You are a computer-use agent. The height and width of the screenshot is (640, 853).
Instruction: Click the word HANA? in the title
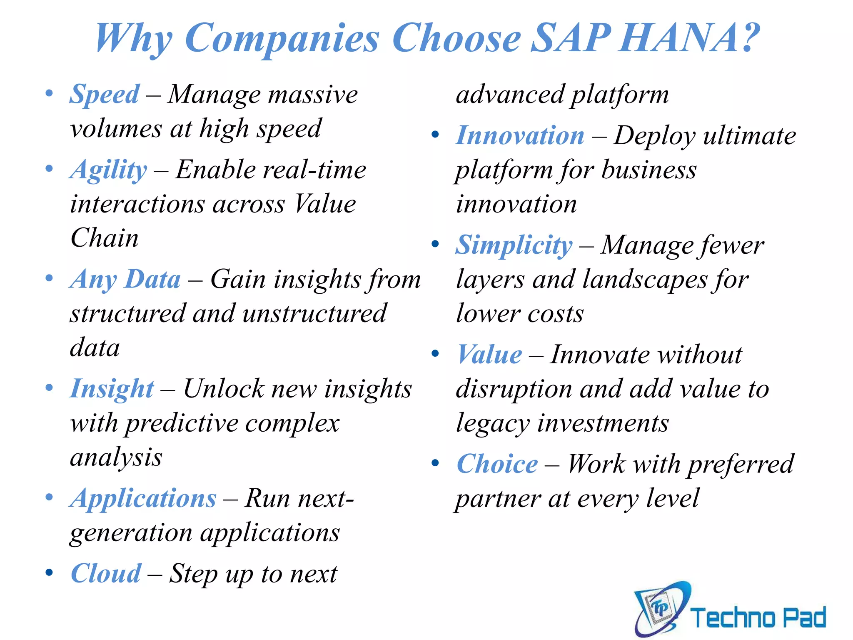tap(689, 38)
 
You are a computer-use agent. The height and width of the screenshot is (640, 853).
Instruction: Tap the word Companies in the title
tap(282, 38)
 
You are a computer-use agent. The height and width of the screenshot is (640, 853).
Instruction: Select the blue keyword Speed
tap(105, 94)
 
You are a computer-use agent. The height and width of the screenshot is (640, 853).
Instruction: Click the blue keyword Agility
tap(109, 170)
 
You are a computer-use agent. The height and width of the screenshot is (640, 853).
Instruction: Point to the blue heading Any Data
tap(125, 279)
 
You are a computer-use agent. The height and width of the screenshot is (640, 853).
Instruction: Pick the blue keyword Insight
tap(112, 389)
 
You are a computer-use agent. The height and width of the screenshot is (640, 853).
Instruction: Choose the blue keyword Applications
tap(143, 498)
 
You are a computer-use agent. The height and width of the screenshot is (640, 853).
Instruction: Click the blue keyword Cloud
tap(106, 574)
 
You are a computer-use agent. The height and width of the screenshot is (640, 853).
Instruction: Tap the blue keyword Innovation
tap(520, 136)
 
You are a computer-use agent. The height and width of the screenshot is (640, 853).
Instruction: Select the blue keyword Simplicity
tap(514, 245)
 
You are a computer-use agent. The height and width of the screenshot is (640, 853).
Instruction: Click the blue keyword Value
tap(489, 355)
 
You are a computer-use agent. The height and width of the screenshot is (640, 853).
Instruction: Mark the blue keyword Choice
tap(497, 464)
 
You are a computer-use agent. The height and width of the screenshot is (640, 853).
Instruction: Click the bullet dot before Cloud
tap(49, 572)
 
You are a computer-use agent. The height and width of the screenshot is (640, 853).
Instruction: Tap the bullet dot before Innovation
tap(435, 134)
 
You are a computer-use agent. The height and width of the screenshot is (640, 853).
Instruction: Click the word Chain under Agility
tap(105, 238)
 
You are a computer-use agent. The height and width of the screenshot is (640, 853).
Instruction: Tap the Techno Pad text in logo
tap(758, 617)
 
